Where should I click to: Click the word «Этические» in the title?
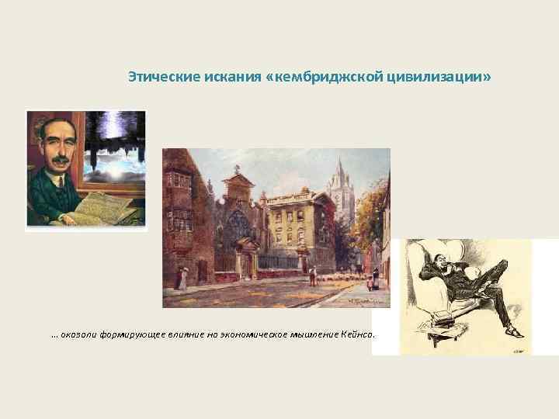(x=153, y=78)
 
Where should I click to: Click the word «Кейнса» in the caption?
(x=356, y=334)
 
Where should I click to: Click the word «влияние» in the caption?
(x=178, y=334)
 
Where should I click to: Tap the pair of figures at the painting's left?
(x=182, y=277)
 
